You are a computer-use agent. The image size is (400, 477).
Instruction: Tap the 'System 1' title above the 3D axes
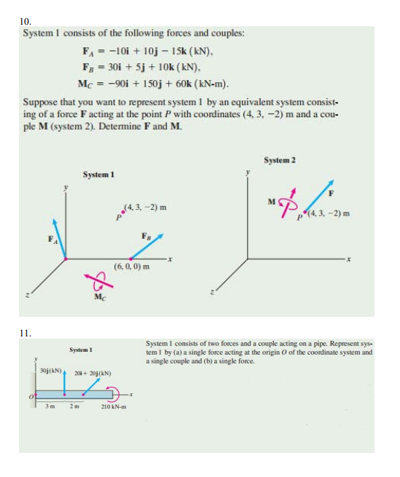98,175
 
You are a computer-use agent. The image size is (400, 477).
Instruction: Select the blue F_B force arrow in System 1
145,247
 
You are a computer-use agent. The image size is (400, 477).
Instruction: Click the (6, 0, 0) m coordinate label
132,267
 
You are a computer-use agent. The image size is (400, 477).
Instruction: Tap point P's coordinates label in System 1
143,207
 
